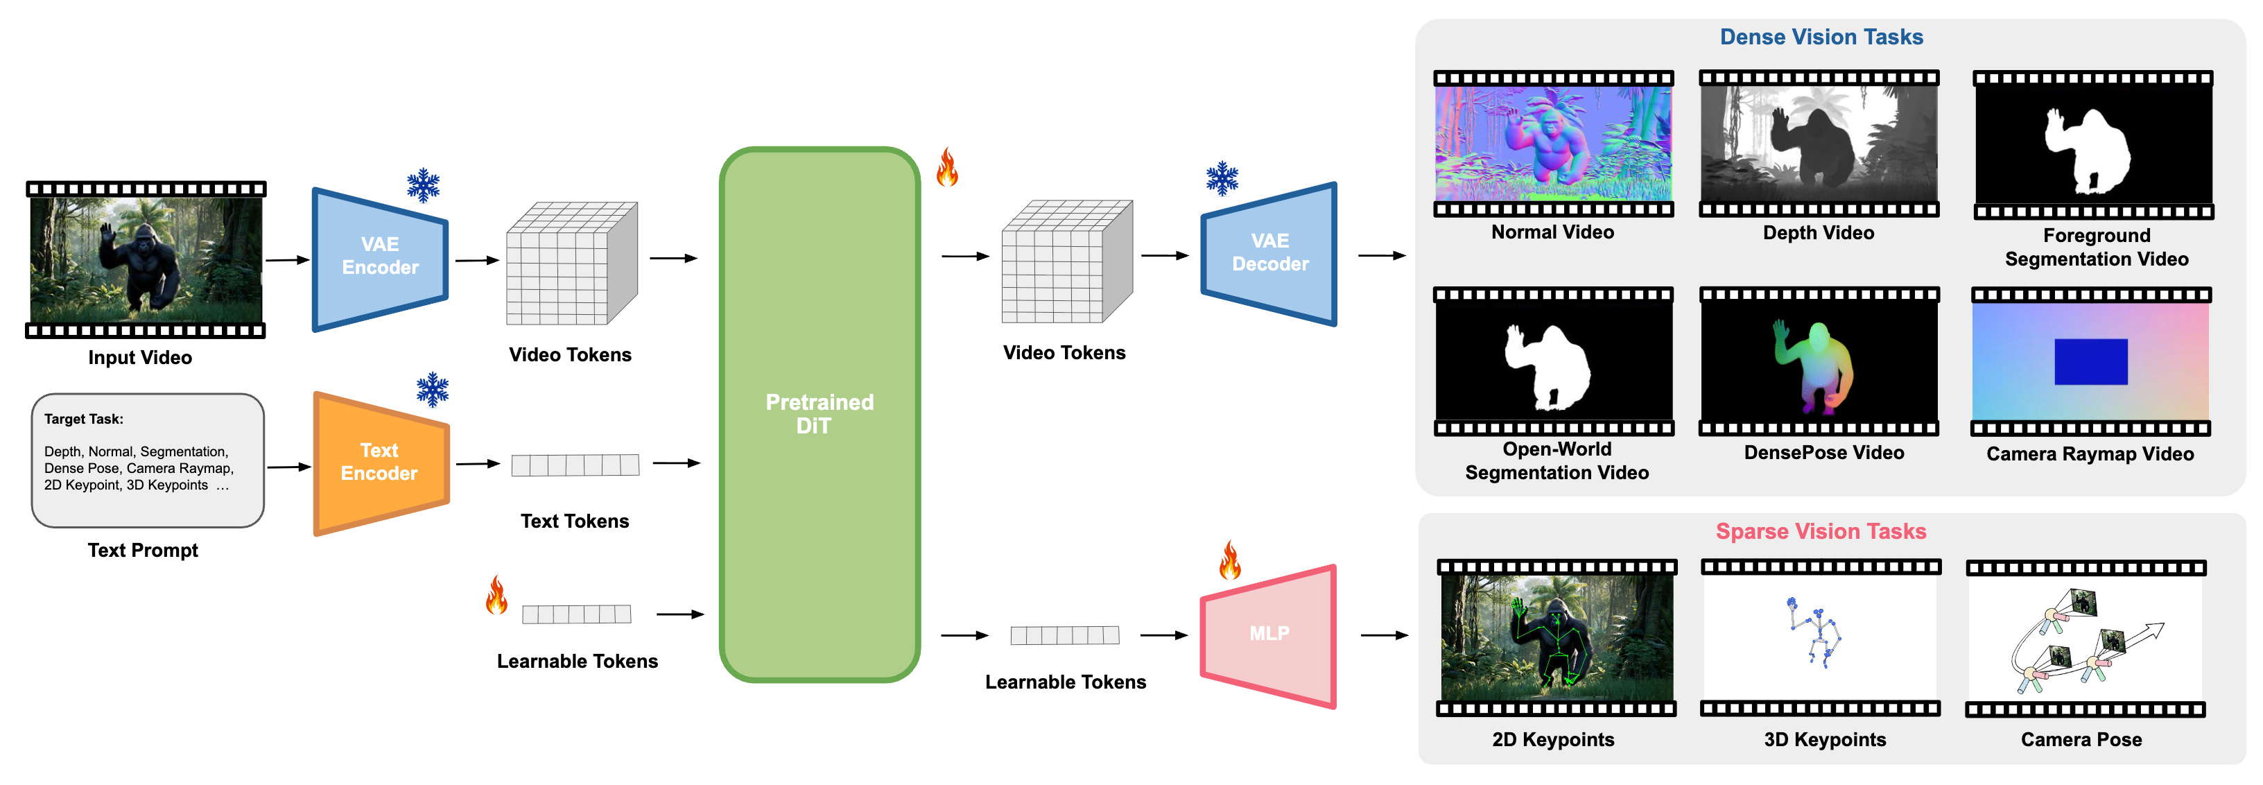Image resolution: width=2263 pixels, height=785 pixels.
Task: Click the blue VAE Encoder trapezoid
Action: (x=381, y=259)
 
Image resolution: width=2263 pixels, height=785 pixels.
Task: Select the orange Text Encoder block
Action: (x=381, y=463)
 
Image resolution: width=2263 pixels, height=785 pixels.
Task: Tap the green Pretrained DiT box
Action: (x=820, y=414)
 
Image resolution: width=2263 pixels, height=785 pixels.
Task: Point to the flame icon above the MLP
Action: (x=1230, y=559)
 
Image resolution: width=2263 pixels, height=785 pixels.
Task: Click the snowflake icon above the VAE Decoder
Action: (x=1222, y=178)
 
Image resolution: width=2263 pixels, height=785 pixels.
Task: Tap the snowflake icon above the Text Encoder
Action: (x=432, y=390)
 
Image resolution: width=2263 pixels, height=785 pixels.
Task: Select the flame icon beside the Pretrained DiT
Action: (x=947, y=166)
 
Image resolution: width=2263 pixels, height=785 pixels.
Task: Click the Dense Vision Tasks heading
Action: (x=1821, y=37)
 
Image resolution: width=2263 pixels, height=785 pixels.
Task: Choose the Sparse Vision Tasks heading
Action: (x=1821, y=531)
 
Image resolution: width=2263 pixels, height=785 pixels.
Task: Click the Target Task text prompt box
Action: (x=148, y=460)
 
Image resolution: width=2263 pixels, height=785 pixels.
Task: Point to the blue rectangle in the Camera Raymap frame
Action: (x=2091, y=361)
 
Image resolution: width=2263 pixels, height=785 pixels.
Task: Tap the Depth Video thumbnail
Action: (x=1819, y=144)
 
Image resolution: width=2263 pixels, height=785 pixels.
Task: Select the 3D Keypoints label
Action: (x=1825, y=739)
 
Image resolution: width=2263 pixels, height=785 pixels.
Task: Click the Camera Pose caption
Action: (x=2081, y=739)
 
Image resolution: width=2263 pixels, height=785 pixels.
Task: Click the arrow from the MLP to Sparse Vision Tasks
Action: (x=1385, y=635)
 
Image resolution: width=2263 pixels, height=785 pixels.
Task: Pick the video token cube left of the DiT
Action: (x=572, y=263)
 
